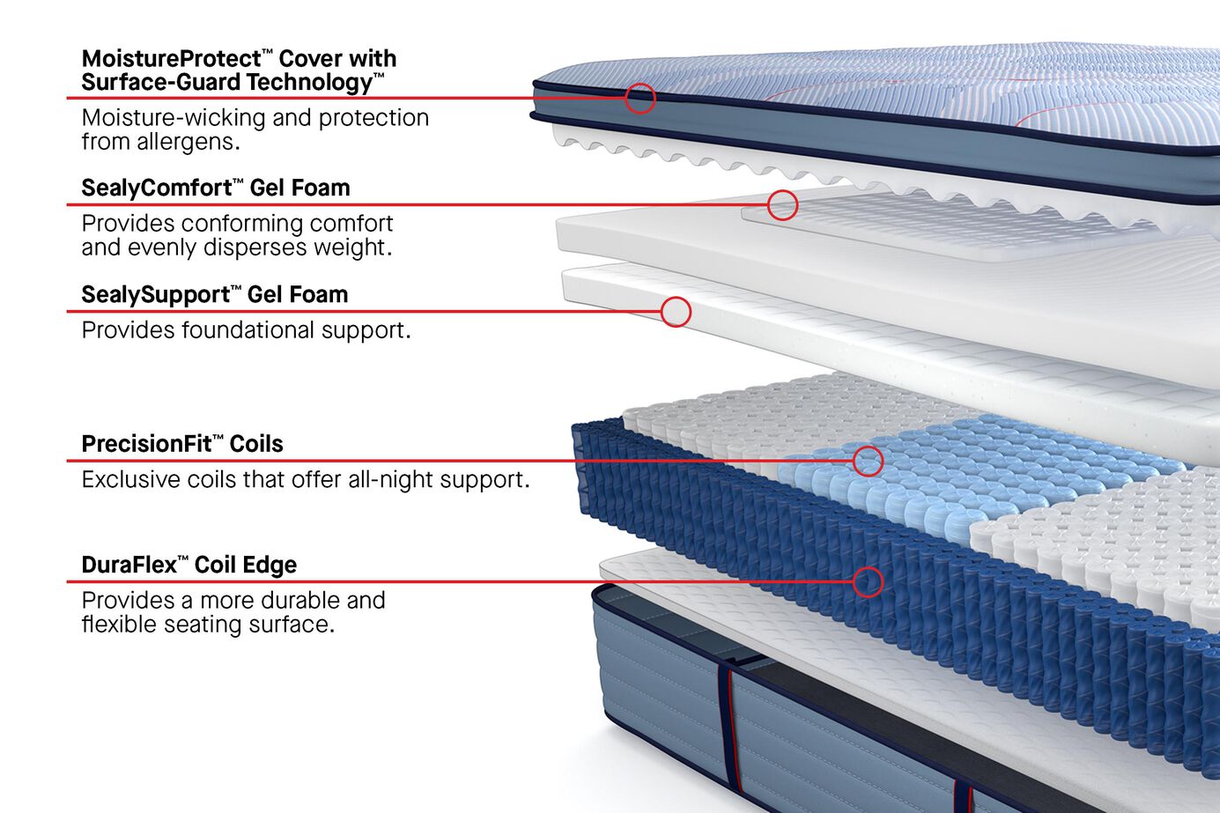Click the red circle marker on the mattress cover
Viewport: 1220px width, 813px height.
click(x=640, y=98)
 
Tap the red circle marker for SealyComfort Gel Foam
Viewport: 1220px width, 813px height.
click(x=782, y=205)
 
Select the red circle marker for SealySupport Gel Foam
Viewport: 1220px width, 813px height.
click(x=676, y=312)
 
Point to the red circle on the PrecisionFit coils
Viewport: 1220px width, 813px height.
click(x=868, y=461)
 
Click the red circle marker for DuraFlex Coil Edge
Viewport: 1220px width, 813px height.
click(x=868, y=581)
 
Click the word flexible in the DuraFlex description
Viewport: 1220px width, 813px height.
click(x=118, y=625)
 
